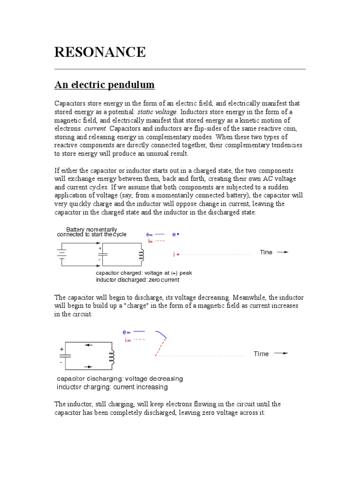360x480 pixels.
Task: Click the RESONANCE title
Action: coord(100,52)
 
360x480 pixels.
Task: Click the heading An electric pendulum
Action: coord(105,85)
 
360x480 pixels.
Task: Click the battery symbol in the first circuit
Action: coord(61,254)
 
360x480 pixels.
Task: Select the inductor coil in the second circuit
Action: coord(112,358)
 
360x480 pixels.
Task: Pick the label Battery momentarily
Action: coord(92,229)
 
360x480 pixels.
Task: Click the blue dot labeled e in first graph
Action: coord(179,234)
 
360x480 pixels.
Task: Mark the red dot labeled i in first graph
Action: coord(178,255)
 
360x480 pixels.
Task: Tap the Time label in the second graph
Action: coord(261,354)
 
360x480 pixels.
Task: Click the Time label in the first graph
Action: coord(266,252)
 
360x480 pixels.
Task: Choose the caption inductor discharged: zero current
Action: coord(137,280)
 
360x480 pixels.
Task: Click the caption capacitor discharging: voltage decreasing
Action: coord(120,378)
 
